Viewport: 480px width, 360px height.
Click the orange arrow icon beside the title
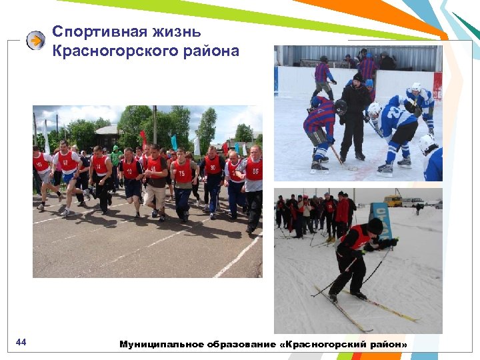click(x=35, y=41)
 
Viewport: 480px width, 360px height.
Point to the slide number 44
click(x=21, y=343)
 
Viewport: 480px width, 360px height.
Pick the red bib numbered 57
click(x=66, y=161)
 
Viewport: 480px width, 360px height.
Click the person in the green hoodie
click(x=117, y=157)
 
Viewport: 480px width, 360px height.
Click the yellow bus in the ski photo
click(x=393, y=201)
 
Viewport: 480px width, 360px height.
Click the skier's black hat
click(x=375, y=225)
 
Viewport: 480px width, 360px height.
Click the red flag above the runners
click(x=143, y=139)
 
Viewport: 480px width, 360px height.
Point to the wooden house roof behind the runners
click(x=107, y=129)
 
